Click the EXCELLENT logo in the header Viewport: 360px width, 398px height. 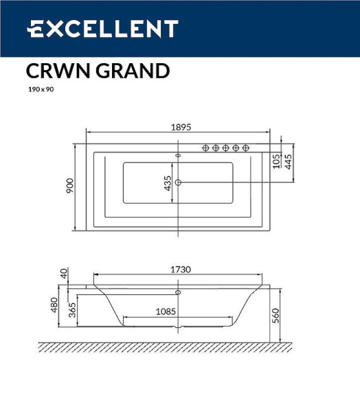tap(102, 29)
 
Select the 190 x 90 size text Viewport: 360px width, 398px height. tap(40, 89)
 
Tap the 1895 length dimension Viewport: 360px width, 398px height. tap(180, 127)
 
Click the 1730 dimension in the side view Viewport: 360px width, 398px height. tap(180, 270)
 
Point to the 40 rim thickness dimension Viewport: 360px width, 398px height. tap(64, 273)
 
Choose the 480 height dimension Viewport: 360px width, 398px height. tap(54, 306)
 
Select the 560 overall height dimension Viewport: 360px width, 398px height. tap(277, 314)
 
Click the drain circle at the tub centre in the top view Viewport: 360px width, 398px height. tap(179, 183)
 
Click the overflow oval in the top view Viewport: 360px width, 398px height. tap(179, 156)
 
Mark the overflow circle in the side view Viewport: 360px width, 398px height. tap(179, 292)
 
